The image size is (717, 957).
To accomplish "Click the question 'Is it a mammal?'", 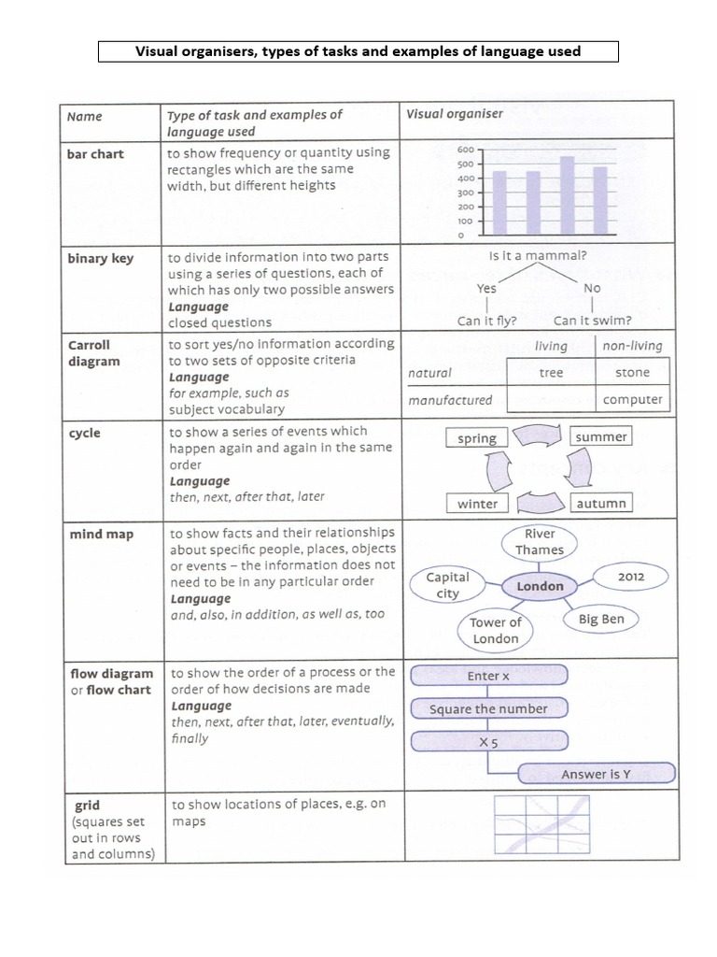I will pos(538,255).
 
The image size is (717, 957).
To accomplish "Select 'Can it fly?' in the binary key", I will pos(487,321).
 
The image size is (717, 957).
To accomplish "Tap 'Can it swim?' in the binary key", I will pos(592,321).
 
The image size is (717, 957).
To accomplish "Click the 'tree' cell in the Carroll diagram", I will pos(551,372).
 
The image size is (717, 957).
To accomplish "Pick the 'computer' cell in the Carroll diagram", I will pos(632,399).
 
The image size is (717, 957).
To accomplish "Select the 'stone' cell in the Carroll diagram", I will pos(632,372).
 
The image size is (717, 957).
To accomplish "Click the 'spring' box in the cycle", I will pos(477,438).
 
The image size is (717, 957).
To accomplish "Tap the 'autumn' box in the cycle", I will pos(601,503).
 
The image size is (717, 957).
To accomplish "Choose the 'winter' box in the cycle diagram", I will pos(477,503).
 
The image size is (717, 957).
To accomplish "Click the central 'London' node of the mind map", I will pos(540,586).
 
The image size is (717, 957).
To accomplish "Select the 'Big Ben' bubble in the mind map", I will pos(601,619).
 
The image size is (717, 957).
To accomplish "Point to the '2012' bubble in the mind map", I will pos(631,577).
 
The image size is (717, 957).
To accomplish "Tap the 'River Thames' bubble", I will pos(540,542).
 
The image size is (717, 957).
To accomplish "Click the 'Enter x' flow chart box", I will pos(488,676).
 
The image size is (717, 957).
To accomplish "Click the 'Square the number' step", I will pos(488,708).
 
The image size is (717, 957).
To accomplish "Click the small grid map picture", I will pos(541,825).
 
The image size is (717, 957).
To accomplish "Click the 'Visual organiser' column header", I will pos(455,114).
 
